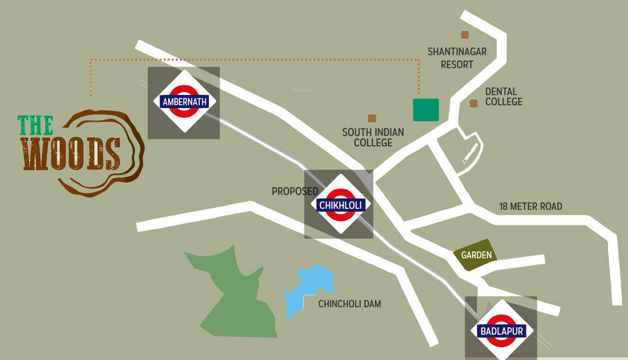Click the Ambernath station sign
pyautogui.click(x=184, y=102)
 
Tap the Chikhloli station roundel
pyautogui.click(x=341, y=204)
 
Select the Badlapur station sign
pyautogui.click(x=501, y=331)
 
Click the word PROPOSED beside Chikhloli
pyautogui.click(x=295, y=191)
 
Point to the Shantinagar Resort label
pyautogui.click(x=456, y=58)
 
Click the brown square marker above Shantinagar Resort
pyautogui.click(x=465, y=34)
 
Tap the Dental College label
pyautogui.click(x=503, y=96)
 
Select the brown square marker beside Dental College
pyautogui.click(x=473, y=103)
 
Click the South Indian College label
pyautogui.click(x=373, y=137)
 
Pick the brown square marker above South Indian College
pyautogui.click(x=372, y=118)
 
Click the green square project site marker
pyautogui.click(x=426, y=110)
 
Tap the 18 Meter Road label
pyautogui.click(x=530, y=206)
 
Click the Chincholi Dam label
pyautogui.click(x=349, y=304)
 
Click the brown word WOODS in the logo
pyautogui.click(x=71, y=154)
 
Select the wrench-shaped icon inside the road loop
pyautogui.click(x=470, y=153)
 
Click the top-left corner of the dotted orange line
pyautogui.click(x=91, y=60)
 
